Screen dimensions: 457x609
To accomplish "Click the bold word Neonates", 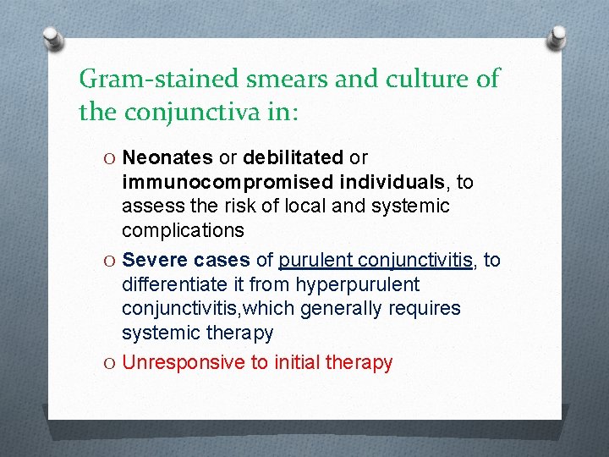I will (x=167, y=157).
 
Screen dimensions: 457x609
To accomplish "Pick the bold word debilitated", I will (x=293, y=157).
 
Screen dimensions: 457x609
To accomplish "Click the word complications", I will (x=183, y=230).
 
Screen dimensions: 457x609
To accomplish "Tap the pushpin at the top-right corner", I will (x=559, y=38).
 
